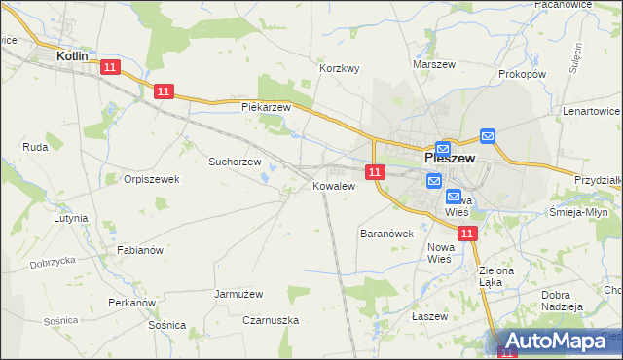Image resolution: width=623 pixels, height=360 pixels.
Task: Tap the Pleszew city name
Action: click(x=450, y=157)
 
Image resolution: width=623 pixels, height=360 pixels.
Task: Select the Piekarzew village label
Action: click(x=267, y=107)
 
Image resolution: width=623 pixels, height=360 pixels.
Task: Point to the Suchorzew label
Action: click(x=235, y=162)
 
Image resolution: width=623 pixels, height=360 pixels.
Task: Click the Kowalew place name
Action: click(x=333, y=186)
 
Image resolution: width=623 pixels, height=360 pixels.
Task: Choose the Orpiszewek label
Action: click(x=152, y=179)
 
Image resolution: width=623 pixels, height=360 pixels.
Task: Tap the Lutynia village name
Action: click(x=71, y=219)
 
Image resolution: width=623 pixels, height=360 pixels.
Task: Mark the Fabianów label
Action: click(x=140, y=250)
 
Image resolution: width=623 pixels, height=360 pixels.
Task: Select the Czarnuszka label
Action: click(x=271, y=320)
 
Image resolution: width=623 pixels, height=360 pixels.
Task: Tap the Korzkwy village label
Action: click(x=341, y=68)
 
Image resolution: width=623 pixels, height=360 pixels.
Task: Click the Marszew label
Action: click(x=434, y=64)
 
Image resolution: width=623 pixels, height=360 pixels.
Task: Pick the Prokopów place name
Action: click(x=522, y=74)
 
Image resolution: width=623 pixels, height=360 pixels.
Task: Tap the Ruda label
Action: click(x=35, y=147)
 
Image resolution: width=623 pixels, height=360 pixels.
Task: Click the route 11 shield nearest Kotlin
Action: click(x=109, y=67)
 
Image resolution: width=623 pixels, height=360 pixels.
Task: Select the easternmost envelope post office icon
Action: click(x=488, y=137)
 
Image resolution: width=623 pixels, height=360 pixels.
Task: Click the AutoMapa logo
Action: click(x=556, y=341)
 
